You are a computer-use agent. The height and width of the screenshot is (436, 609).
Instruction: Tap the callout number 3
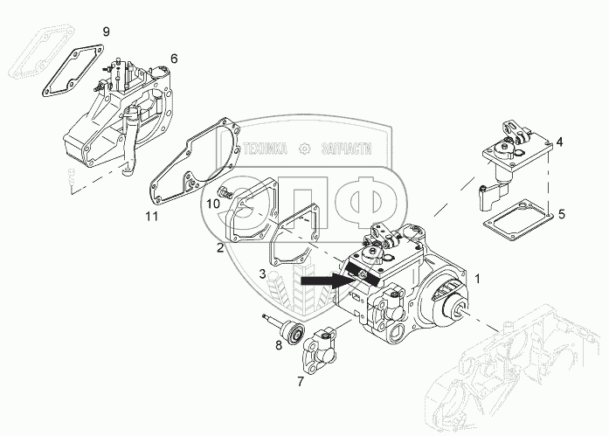[x=262, y=273]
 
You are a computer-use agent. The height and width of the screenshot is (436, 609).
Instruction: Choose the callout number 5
[x=562, y=212]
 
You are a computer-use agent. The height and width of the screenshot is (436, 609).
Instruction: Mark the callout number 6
[x=174, y=59]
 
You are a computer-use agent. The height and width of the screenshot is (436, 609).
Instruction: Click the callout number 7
[x=301, y=382]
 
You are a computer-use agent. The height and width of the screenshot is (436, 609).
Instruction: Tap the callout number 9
[x=106, y=32]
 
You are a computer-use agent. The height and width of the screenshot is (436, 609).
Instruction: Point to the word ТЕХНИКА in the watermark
[x=266, y=149]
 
